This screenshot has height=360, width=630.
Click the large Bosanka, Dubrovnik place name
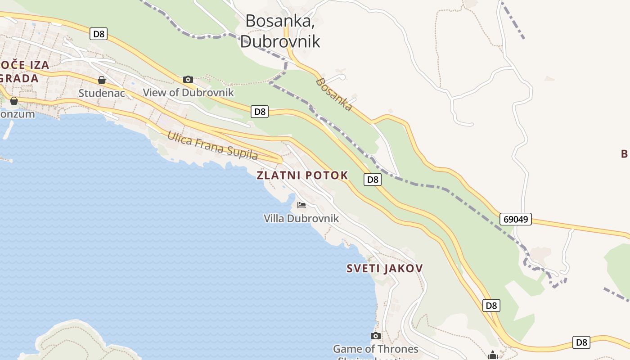pyautogui.click(x=280, y=31)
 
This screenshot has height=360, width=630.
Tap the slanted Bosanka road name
pyautogui.click(x=334, y=94)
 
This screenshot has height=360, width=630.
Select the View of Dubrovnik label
pyautogui.click(x=189, y=93)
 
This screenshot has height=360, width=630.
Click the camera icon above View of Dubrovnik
pyautogui.click(x=188, y=80)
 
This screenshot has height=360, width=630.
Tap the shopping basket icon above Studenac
pyautogui.click(x=102, y=80)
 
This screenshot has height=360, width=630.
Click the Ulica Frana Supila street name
pyautogui.click(x=212, y=145)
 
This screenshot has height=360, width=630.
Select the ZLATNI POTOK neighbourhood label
pyautogui.click(x=302, y=175)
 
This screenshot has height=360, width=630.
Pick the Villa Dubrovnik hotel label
pyautogui.click(x=301, y=219)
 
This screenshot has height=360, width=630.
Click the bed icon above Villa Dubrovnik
pyautogui.click(x=301, y=205)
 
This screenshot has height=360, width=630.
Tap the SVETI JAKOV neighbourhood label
pyautogui.click(x=385, y=269)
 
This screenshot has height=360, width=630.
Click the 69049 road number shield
pyautogui.click(x=516, y=219)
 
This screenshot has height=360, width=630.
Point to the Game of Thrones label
pyautogui.click(x=375, y=349)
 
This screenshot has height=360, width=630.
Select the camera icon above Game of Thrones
pyautogui.click(x=375, y=336)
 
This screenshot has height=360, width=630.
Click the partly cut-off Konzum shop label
pyautogui.click(x=17, y=114)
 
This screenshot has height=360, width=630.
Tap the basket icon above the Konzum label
pyautogui.click(x=14, y=101)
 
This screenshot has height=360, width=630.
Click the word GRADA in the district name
pyautogui.click(x=19, y=78)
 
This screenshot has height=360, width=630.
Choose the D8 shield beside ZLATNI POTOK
pyautogui.click(x=372, y=180)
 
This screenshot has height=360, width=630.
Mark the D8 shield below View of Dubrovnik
pyautogui.click(x=260, y=112)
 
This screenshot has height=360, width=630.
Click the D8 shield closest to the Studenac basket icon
pyautogui.click(x=98, y=34)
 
